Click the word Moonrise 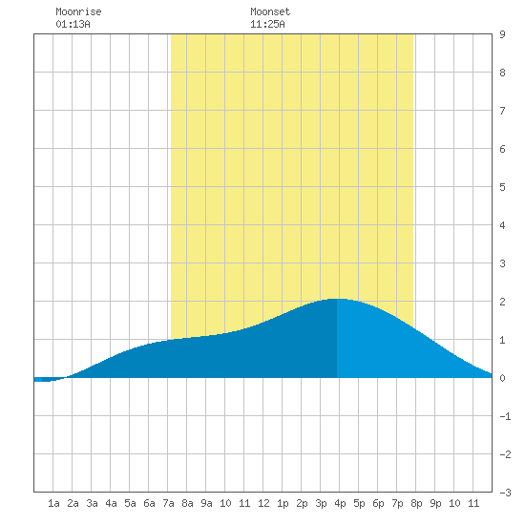(78, 11)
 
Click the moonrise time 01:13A (73, 24)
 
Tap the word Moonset (270, 11)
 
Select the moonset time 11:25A (267, 24)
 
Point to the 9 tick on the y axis (502, 34)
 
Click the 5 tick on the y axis (502, 187)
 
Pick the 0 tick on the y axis (502, 378)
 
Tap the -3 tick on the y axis (505, 493)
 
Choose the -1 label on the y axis (505, 416)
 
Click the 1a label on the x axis (53, 503)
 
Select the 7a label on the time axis (168, 503)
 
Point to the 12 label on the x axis (263, 503)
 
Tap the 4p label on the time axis (340, 503)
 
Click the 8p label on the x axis (416, 503)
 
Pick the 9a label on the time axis (206, 503)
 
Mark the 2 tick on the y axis (502, 302)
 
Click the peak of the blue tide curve (337, 299)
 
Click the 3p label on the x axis (321, 503)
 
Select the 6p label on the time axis (378, 503)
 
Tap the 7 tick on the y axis (502, 111)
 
